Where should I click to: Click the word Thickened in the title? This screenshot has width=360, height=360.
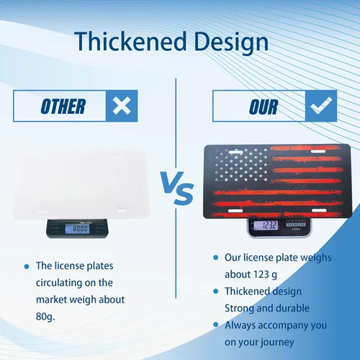[x=130, y=41]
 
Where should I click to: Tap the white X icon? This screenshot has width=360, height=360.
[x=122, y=106]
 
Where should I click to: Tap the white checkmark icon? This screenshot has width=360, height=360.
[x=321, y=105]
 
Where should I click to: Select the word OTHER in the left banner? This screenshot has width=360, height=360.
[x=63, y=107]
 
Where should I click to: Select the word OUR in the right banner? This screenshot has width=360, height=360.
[x=264, y=107]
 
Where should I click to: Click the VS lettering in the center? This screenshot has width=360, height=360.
[x=177, y=188]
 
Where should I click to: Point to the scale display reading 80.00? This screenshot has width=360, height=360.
[x=78, y=229]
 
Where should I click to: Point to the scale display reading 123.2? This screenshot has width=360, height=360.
[x=266, y=225]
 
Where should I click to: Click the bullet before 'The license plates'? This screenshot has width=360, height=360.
[x=27, y=266]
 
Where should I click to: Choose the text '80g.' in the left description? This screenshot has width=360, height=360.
[x=45, y=317]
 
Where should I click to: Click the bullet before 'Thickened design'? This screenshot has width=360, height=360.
[x=216, y=292]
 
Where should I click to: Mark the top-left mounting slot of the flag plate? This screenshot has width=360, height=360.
[x=235, y=152]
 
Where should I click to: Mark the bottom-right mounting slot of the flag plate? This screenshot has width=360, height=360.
[x=319, y=210]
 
